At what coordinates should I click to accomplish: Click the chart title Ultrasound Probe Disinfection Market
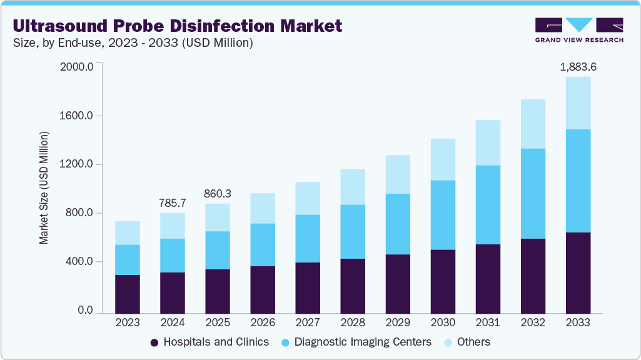coord(178,26)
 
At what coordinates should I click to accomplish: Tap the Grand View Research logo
coord(579,30)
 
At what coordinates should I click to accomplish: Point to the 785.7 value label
coord(173,202)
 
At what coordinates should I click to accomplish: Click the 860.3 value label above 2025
coord(217,194)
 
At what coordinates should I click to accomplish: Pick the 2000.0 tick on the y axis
coord(76,67)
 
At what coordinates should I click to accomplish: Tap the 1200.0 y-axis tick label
coord(76,164)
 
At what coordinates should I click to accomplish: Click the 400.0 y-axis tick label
coord(78,262)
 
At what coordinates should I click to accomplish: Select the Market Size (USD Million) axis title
coord(44,187)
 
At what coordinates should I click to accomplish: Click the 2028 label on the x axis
coord(352,322)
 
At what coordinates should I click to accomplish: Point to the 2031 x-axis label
coord(487,322)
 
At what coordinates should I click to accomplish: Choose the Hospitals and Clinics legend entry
coord(209,342)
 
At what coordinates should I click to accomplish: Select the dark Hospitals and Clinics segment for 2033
coord(577,272)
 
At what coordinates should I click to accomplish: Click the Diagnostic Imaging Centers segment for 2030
coord(442,215)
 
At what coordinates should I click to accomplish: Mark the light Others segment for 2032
coord(532,124)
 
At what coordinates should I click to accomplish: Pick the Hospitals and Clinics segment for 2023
coord(128,294)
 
